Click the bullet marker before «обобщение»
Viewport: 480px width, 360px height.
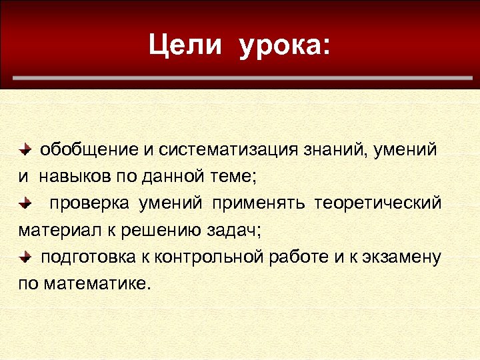pos(24,149)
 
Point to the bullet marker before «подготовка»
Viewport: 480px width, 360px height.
pos(24,257)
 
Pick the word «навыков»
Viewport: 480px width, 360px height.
pos(71,177)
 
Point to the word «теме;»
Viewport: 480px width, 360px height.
pos(230,177)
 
